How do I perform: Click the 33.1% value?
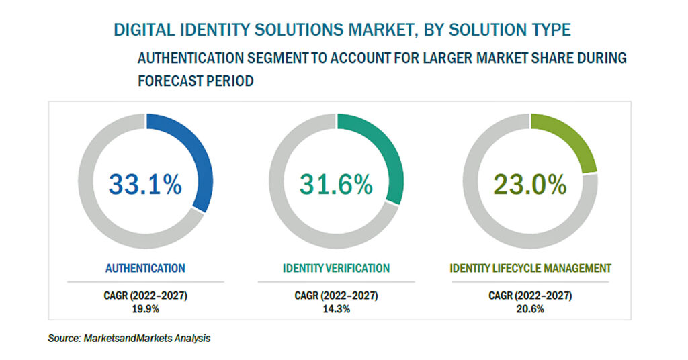[145, 184]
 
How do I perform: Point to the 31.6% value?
[336, 184]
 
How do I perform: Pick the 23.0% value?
[530, 184]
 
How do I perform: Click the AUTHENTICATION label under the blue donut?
[145, 268]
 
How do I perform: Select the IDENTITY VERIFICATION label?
[336, 268]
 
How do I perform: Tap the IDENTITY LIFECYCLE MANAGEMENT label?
[531, 268]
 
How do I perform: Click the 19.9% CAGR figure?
[145, 309]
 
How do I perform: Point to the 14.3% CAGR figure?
[336, 309]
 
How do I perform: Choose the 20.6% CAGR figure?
[530, 309]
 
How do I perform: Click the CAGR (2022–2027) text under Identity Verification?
[336, 296]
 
